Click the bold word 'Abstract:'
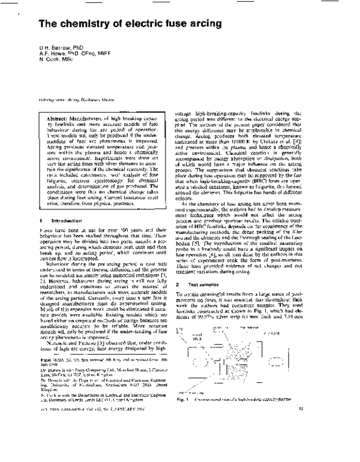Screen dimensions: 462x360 pos(59,102)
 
